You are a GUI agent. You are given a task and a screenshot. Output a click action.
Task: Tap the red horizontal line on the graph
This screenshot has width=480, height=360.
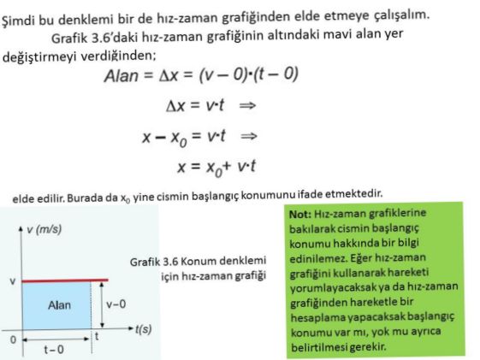(x=65, y=280)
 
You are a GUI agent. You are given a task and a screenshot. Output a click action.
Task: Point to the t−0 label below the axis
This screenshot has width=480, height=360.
(x=53, y=348)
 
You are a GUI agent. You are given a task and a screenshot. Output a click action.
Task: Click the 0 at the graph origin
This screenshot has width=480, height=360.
(x=13, y=339)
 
